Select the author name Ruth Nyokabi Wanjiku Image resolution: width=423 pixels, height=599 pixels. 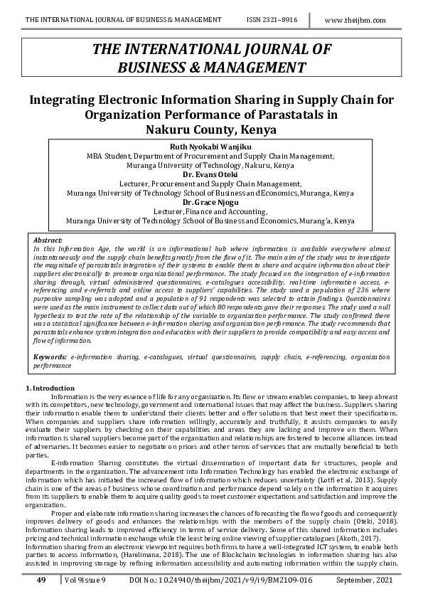pos(210,147)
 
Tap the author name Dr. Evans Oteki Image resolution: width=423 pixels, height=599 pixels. pos(210,174)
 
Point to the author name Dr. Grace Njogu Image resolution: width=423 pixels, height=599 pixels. pos(210,202)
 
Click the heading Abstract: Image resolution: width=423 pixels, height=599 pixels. pos(48,240)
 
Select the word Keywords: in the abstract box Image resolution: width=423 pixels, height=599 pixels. pos(50,356)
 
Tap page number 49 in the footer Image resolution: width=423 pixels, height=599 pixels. pos(41,581)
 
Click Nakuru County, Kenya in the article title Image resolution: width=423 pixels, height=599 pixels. pos(210,130)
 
